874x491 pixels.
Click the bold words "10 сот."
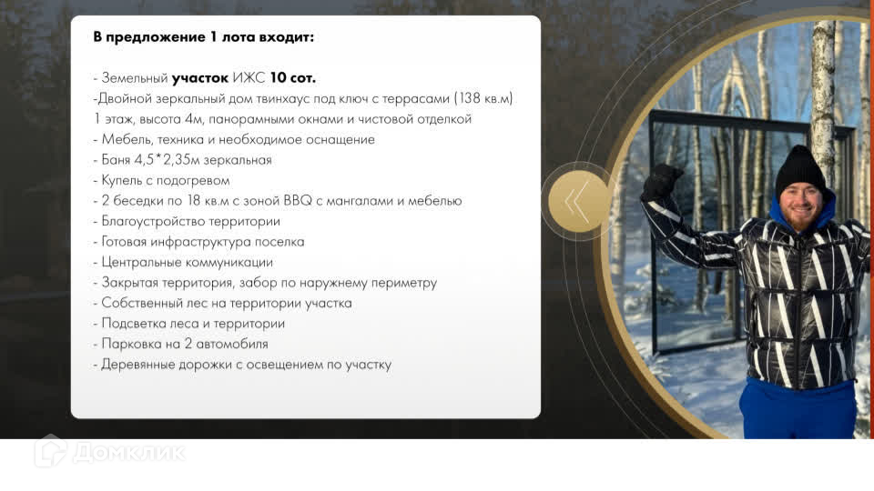pyautogui.click(x=292, y=78)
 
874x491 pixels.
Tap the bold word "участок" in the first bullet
pyautogui.click(x=200, y=78)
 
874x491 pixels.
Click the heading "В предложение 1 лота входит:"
pyautogui.click(x=203, y=36)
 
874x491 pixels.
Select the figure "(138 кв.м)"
pyautogui.click(x=483, y=98)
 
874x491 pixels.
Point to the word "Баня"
pyautogui.click(x=116, y=160)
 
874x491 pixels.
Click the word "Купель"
pyautogui.click(x=121, y=180)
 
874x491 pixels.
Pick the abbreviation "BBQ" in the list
pyautogui.click(x=298, y=201)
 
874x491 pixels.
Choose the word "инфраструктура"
pyautogui.click(x=200, y=242)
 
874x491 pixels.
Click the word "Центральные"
pyautogui.click(x=142, y=262)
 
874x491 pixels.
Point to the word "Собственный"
pyautogui.click(x=142, y=303)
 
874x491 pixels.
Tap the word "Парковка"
pyautogui.click(x=130, y=344)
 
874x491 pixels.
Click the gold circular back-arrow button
pyautogui.click(x=579, y=201)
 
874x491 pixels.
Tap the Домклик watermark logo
pyautogui.click(x=110, y=452)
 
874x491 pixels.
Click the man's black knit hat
pyautogui.click(x=800, y=170)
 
